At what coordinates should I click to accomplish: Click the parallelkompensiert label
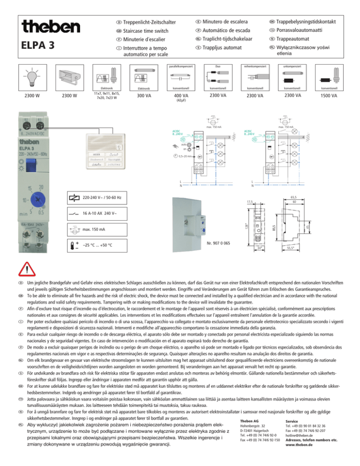click(x=180, y=67)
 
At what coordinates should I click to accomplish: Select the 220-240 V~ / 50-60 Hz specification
click(x=109, y=198)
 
